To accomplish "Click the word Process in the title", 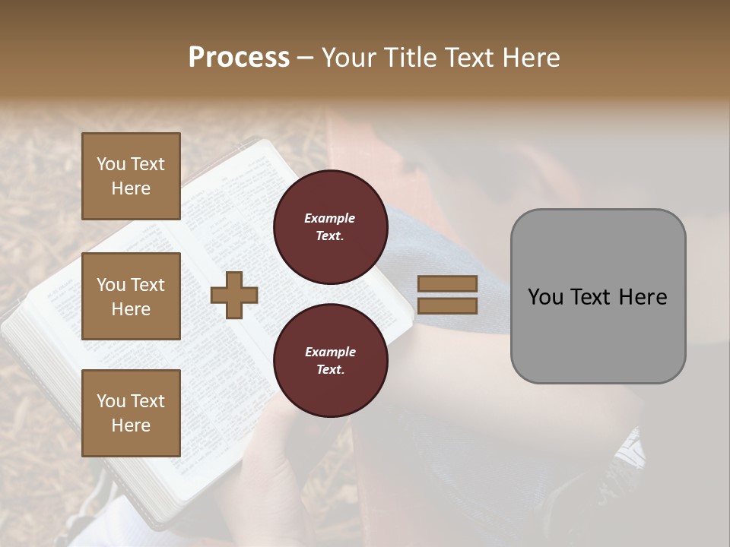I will [239, 58].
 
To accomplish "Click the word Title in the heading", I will [410, 58].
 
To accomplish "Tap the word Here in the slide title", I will [530, 58].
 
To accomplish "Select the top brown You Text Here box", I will [131, 176].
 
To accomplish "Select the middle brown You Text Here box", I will [131, 296].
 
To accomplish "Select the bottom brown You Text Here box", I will [131, 413].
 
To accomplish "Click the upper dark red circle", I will [330, 227].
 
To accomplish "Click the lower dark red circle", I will [330, 361].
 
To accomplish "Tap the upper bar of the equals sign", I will [447, 284].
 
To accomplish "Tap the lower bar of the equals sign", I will [447, 306].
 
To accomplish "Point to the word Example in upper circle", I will [330, 218].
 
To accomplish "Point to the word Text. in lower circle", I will [330, 370].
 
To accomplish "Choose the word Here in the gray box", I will [643, 297].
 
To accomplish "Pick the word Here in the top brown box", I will [131, 188].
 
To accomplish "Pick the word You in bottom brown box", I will [111, 401].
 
